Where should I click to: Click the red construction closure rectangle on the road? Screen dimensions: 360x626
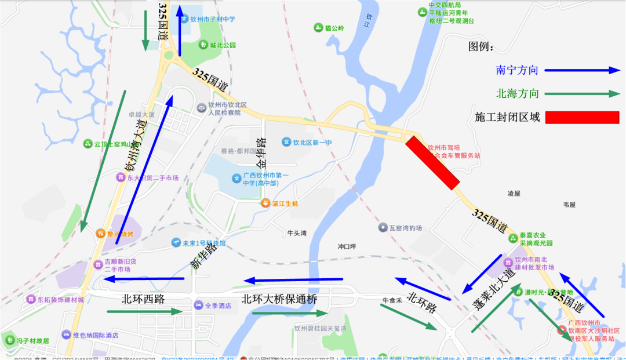click(x=432, y=163)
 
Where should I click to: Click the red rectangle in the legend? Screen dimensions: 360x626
click(x=582, y=117)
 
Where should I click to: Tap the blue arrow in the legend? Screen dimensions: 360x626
click(x=581, y=70)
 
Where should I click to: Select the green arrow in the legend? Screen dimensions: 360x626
click(x=581, y=93)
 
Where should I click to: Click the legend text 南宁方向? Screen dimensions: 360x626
click(x=517, y=70)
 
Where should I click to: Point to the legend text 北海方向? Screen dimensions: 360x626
click(x=517, y=93)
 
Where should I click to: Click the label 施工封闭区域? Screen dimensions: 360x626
click(x=507, y=117)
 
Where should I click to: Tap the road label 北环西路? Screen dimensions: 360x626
click(x=143, y=299)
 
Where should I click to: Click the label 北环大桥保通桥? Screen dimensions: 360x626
click(x=279, y=299)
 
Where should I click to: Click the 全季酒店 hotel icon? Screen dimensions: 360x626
click(x=199, y=305)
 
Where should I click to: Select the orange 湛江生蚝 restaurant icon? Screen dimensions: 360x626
click(x=265, y=203)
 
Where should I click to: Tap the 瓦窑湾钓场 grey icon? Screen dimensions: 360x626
click(x=383, y=228)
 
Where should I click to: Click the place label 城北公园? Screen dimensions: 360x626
click(x=223, y=45)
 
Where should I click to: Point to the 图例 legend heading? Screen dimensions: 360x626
click(x=481, y=47)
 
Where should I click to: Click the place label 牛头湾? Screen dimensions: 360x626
click(x=297, y=234)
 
